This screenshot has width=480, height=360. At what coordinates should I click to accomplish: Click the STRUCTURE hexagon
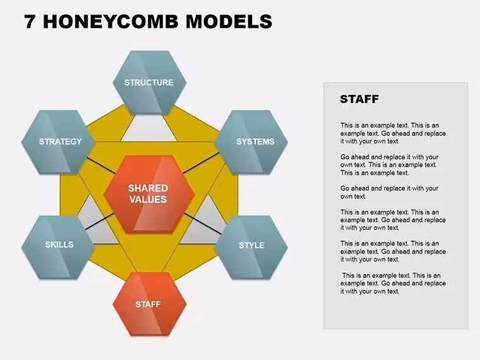point(150,83)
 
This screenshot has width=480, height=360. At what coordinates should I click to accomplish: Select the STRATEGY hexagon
point(58,142)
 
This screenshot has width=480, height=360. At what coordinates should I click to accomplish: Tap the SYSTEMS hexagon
point(251,142)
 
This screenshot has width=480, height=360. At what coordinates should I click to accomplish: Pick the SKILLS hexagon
point(58,248)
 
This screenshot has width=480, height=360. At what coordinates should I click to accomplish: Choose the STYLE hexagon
point(251,248)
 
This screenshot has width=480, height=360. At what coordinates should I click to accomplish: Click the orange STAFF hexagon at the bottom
point(150,304)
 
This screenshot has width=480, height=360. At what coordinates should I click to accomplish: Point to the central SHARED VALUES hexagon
point(149,194)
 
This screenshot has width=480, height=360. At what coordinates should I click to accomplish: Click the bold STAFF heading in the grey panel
point(359,99)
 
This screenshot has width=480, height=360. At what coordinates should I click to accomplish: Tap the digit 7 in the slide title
point(30,21)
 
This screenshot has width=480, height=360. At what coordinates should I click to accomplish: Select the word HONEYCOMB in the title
point(111,21)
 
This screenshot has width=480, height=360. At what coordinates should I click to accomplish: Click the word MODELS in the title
point(229,21)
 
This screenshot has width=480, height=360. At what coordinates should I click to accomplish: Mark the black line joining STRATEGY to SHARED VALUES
point(101,165)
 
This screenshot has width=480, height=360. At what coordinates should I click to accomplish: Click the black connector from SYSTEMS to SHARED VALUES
point(201,163)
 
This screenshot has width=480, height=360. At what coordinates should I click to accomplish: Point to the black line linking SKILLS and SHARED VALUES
point(100,221)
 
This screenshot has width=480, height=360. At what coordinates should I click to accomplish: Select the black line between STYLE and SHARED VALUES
point(203,224)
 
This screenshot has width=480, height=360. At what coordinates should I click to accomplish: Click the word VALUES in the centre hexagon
point(148,200)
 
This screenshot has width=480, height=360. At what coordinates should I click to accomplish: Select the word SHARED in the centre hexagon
point(148,188)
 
